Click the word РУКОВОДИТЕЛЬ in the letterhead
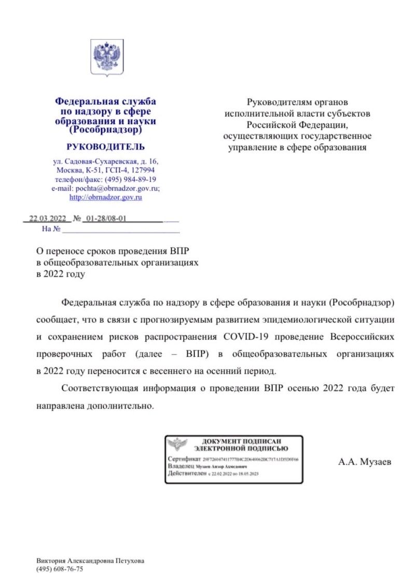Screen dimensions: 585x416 [x=106, y=147]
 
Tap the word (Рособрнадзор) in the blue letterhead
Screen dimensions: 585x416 [x=106, y=129]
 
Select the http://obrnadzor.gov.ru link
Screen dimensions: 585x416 [x=106, y=197]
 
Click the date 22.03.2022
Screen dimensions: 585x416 [x=47, y=219]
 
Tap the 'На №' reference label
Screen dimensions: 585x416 [x=51, y=228]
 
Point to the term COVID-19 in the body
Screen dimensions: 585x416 [x=246, y=336]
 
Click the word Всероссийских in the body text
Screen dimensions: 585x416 [x=362, y=336]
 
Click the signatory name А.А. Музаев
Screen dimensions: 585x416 [x=362, y=460]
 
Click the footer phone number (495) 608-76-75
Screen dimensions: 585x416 [x=60, y=569]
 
